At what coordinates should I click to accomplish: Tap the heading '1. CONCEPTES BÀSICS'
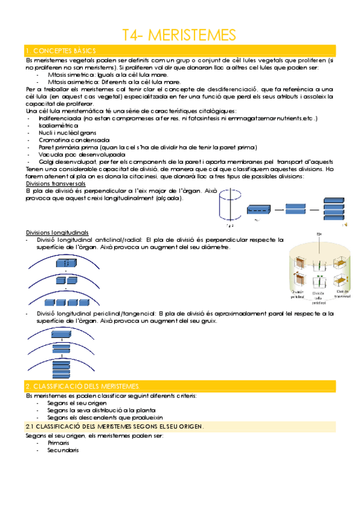coord(60,50)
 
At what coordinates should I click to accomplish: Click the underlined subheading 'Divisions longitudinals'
coord(57,232)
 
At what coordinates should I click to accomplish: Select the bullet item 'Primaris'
coord(58,442)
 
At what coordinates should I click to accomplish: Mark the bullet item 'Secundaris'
coord(62,450)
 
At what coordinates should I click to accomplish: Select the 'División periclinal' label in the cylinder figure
coord(298,295)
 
